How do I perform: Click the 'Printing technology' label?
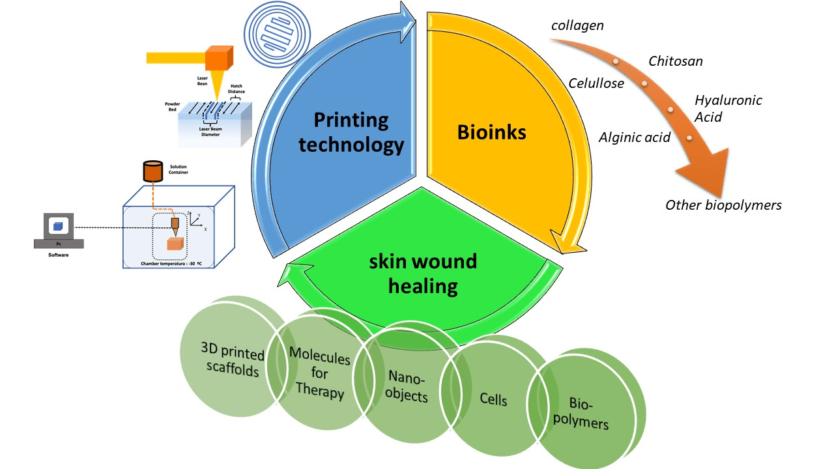[x=351, y=132]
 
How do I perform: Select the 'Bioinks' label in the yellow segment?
[x=491, y=132]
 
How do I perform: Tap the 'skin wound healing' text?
[x=423, y=274]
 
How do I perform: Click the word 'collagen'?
[x=577, y=26]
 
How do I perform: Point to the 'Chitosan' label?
[x=676, y=61]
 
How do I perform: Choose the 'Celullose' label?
[x=596, y=83]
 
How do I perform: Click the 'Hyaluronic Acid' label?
[x=728, y=108]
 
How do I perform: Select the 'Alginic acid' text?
[x=635, y=137]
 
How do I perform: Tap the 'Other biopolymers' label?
[x=723, y=205]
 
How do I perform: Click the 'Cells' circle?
[x=493, y=399]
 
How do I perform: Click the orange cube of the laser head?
[x=219, y=57]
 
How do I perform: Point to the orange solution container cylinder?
[x=152, y=171]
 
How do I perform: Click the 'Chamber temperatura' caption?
[x=168, y=263]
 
